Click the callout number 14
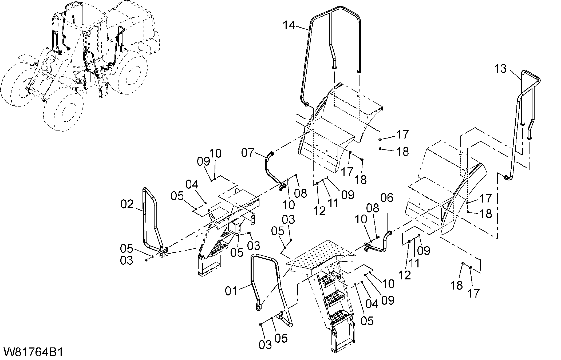click(x=289, y=26)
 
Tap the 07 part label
click(x=248, y=153)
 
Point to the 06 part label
click(x=387, y=198)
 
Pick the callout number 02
click(x=127, y=204)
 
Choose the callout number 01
click(x=231, y=291)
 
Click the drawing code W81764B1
click(x=33, y=352)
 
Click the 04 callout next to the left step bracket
click(x=192, y=184)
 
